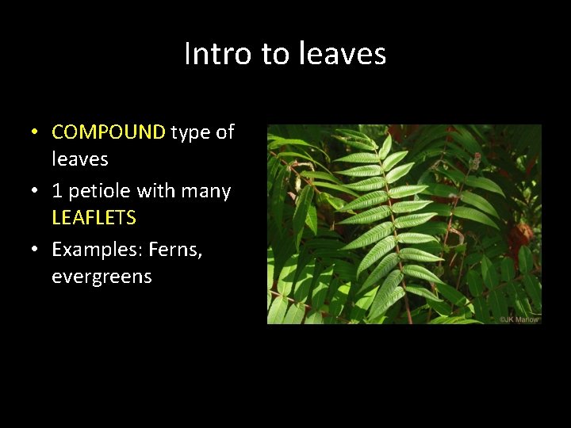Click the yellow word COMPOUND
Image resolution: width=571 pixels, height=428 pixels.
[x=109, y=132]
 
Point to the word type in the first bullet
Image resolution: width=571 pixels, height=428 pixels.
[x=191, y=132]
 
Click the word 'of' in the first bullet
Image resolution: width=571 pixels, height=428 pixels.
[x=225, y=132]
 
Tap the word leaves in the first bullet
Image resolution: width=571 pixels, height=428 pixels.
[x=80, y=159]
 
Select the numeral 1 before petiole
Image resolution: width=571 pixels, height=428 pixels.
[x=57, y=191]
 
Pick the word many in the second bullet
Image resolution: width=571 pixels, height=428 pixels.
[x=208, y=191]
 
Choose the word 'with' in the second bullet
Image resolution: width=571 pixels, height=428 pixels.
[x=159, y=191]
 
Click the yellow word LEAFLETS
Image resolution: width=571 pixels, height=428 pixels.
[x=94, y=217]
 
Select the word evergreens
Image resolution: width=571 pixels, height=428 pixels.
[x=102, y=277]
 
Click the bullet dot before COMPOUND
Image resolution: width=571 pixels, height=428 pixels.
[x=36, y=132]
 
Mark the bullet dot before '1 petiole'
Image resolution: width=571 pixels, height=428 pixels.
[x=36, y=191]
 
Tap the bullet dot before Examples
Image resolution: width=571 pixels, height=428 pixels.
[x=36, y=250]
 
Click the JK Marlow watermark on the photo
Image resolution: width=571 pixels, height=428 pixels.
[x=519, y=319]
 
